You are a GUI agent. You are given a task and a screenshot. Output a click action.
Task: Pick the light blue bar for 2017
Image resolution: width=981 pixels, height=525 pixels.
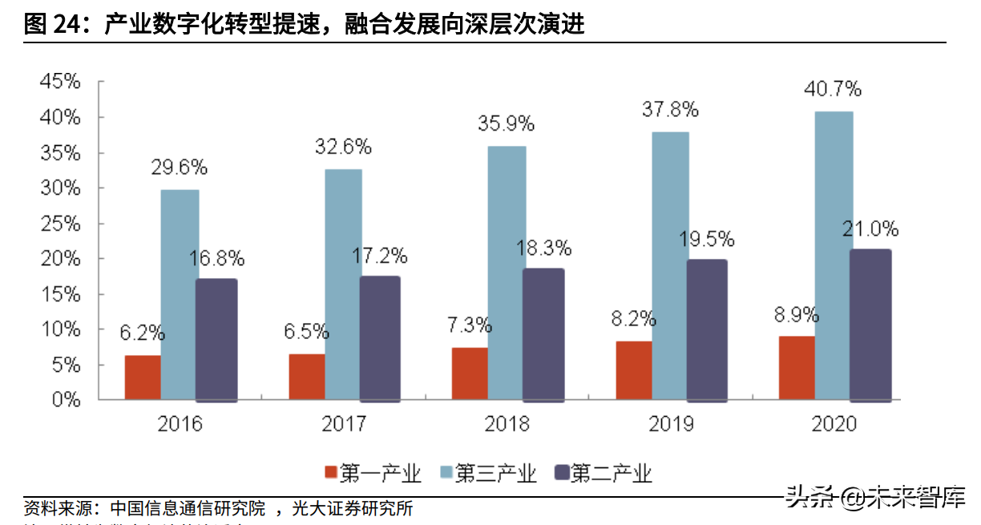coord(343,284)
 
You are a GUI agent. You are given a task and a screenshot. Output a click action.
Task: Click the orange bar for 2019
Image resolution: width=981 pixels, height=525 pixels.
coord(633,370)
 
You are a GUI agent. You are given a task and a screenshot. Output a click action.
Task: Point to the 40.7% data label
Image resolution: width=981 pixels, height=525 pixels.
coord(833,88)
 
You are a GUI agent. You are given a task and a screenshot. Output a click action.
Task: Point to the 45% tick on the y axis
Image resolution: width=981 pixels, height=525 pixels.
coord(60,82)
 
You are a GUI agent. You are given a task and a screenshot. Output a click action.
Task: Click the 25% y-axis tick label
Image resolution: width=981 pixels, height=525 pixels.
coord(60,223)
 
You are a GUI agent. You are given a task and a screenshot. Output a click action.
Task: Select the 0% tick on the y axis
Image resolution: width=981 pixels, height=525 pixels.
coord(65,399)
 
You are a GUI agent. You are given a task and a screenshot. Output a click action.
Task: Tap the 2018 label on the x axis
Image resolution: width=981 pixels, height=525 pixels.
coord(507,423)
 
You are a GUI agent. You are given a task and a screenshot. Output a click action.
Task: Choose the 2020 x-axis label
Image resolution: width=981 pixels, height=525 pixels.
coord(834,423)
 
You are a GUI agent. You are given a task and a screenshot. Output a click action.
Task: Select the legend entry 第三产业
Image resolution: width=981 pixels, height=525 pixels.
coord(495,473)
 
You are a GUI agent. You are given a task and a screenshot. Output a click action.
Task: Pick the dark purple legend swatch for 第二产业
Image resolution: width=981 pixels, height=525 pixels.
coord(561,473)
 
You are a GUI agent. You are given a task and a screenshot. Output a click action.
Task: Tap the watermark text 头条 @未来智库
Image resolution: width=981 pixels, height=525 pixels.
coord(875,497)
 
